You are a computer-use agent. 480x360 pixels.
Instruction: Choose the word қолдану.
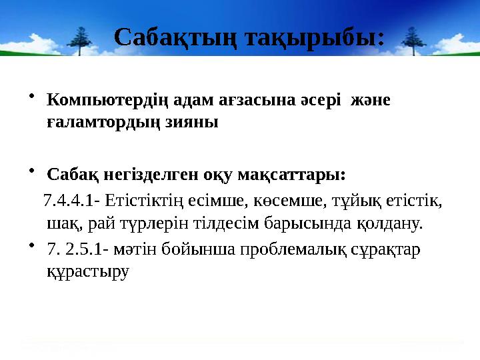tap(389, 222)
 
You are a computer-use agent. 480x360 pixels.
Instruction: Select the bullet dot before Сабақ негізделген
tap(33, 173)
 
